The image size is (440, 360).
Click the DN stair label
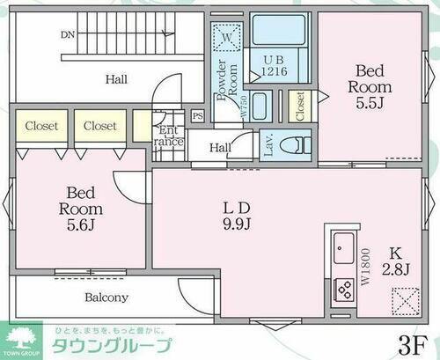68,36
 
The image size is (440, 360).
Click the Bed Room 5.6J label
80,209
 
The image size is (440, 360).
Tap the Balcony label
106,298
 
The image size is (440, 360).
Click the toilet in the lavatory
296,142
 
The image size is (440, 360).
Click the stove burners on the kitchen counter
341,288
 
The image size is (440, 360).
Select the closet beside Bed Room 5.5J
300,107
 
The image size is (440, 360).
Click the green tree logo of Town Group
23,336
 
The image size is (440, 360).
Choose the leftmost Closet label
40,127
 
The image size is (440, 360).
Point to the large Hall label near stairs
116,80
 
